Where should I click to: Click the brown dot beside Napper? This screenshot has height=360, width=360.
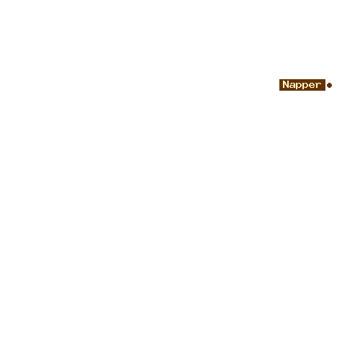[x=329, y=85]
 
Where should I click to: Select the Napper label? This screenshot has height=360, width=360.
[x=302, y=85]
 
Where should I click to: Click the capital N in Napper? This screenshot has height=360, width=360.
[x=285, y=84]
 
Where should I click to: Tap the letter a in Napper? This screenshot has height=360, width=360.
[x=292, y=85]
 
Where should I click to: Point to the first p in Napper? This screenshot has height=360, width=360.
[x=298, y=86]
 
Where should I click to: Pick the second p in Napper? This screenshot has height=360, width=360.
[x=305, y=86]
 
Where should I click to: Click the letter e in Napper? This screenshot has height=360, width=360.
[x=311, y=85]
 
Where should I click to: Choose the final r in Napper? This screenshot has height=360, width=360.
[x=318, y=85]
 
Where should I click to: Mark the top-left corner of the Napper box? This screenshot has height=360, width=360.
[x=279, y=79]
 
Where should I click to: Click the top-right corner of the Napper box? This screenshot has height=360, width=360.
[x=325, y=79]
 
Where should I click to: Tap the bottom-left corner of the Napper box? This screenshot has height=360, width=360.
[x=279, y=91]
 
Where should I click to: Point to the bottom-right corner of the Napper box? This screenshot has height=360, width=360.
[x=325, y=91]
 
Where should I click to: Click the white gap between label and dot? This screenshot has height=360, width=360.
[x=326, y=85]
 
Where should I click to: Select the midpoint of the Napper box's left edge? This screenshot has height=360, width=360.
[x=279, y=85]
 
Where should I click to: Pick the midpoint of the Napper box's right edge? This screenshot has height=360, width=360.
[x=325, y=85]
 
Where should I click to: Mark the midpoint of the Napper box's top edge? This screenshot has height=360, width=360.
[x=302, y=79]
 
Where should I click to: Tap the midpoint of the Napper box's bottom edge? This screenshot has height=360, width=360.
[x=302, y=91]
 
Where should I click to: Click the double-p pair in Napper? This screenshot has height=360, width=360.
[x=302, y=86]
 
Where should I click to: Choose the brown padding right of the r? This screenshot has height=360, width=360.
[x=323, y=85]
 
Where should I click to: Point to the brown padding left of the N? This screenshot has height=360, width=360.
[x=281, y=85]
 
